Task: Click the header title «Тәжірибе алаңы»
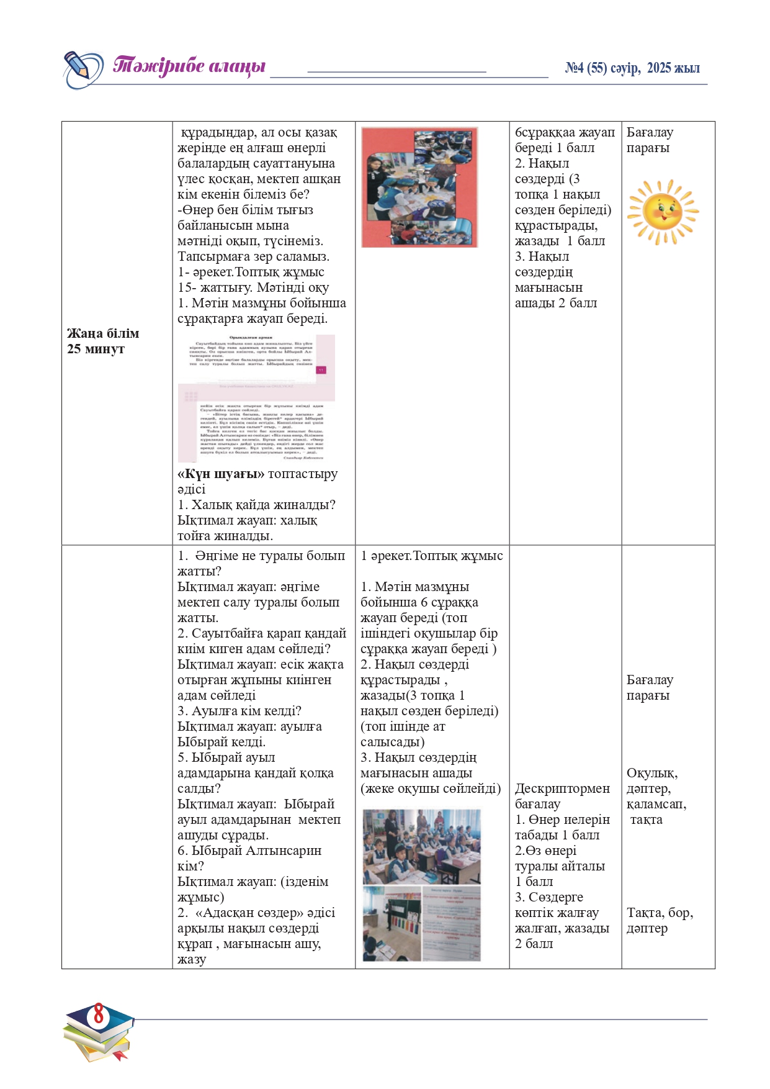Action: [189, 66]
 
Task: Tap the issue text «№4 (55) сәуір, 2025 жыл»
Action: [632, 68]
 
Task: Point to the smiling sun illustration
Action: [662, 212]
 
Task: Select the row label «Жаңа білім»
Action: [103, 333]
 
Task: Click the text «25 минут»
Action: [96, 349]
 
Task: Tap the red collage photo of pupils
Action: [419, 188]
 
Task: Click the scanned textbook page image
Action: [256, 398]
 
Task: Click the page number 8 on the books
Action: [99, 1016]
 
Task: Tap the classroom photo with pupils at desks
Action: [421, 846]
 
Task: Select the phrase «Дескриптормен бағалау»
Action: [562, 796]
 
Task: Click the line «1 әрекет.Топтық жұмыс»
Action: [431, 556]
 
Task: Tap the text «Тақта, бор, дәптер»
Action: [659, 920]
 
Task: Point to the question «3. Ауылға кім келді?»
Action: [240, 711]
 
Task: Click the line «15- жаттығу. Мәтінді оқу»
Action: [253, 287]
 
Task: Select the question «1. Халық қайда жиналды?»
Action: [256, 505]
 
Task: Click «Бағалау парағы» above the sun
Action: [649, 140]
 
